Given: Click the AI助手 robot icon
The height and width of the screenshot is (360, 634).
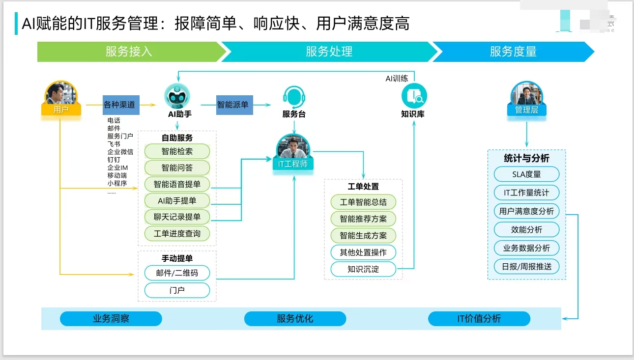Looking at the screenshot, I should point(177,96).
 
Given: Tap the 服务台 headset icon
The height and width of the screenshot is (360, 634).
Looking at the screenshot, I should point(294,97).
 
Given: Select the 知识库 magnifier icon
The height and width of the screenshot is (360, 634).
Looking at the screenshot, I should point(414,96).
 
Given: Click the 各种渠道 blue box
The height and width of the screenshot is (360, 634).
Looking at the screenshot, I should point(121,105).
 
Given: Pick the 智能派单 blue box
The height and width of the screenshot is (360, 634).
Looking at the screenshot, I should point(234,105).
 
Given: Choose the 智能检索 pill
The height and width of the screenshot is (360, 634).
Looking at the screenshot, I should point(177,151).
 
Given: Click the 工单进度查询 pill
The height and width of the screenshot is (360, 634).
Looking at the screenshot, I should point(177,233).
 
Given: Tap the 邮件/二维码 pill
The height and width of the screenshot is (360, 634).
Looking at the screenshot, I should point(177,273).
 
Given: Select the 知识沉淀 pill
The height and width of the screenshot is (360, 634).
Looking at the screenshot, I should point(363,269).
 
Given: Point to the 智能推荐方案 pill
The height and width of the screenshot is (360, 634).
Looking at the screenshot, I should point(363,219).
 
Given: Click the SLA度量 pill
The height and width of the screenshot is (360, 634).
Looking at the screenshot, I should point(526,174).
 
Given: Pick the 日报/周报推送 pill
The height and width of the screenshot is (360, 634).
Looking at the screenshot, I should point(526,267).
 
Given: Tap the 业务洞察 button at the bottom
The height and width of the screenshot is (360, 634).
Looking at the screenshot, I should point(111,319).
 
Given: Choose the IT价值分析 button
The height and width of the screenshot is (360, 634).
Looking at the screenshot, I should point(479,319).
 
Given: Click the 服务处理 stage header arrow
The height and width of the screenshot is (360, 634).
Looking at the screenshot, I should point(329,52).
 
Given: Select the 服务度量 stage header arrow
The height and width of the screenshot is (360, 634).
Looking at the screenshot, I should point(513,52).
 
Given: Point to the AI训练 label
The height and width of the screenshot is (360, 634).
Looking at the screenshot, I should point(397,78).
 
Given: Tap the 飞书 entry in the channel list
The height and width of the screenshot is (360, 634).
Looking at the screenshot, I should point(114,144).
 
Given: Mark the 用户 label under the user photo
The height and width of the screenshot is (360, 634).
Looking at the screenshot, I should point(61,110).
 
